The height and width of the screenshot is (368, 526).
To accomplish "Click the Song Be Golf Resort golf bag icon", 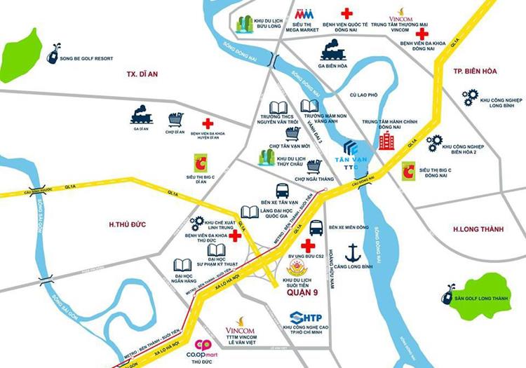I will [x=52, y=51].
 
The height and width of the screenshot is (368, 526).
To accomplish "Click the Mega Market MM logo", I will [x=304, y=14].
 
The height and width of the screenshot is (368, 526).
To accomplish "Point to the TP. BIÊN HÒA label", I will [x=475, y=72].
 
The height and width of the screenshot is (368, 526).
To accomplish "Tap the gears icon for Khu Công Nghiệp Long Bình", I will [x=470, y=97].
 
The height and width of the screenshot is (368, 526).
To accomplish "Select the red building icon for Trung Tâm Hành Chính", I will [x=386, y=141].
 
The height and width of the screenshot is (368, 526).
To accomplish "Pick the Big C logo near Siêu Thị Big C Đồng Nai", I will [x=408, y=171].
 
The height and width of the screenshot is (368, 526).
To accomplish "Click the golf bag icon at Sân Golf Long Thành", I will [x=448, y=295].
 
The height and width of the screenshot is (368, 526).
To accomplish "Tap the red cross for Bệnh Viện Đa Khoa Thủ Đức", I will [x=235, y=236].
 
